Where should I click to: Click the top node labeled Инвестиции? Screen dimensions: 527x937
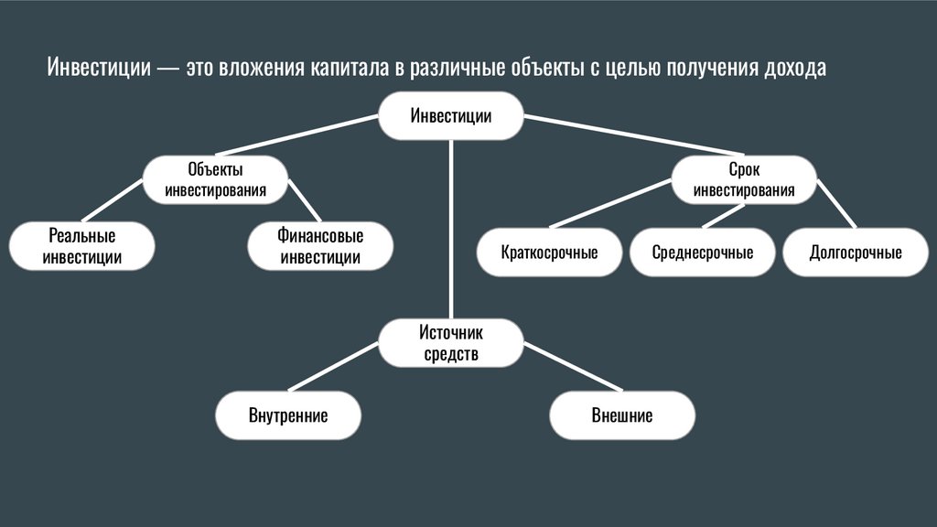point(450,116)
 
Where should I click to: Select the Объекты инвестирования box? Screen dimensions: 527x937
point(215,180)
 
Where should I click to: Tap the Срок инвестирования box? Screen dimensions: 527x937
point(744,179)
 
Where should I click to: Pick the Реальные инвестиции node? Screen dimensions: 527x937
point(82,247)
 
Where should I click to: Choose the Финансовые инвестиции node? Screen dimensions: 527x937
point(320,247)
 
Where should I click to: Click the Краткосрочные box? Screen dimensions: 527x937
point(549,253)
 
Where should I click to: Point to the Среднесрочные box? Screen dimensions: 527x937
point(703,253)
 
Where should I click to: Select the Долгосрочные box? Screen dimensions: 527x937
point(856,253)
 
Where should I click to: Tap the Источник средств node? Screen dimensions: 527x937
point(450,343)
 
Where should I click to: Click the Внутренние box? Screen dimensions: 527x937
point(288,416)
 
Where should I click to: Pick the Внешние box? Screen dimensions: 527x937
point(622,416)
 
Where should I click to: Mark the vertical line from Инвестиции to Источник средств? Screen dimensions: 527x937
point(450,229)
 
